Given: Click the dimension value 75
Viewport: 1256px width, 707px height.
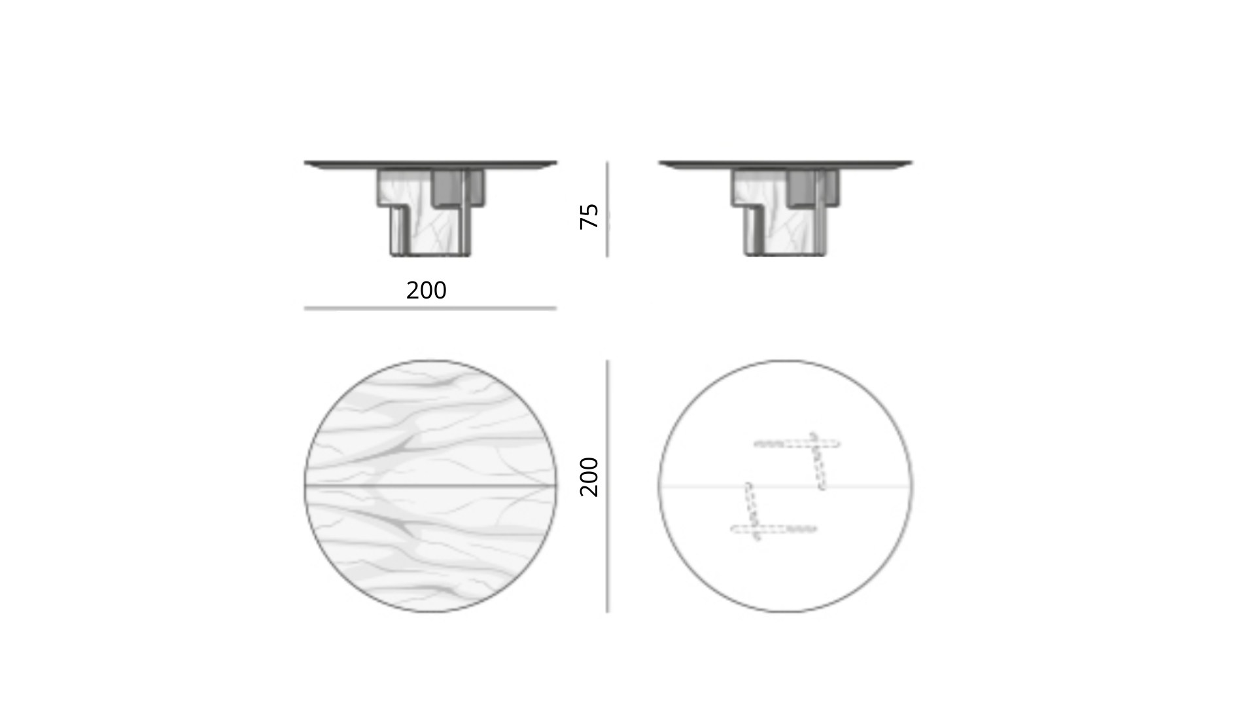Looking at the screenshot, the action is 589,216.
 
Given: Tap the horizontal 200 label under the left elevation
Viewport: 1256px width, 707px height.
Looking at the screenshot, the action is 427,290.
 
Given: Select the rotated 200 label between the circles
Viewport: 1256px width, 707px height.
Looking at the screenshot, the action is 589,477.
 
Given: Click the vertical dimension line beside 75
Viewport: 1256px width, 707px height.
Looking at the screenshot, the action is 607,209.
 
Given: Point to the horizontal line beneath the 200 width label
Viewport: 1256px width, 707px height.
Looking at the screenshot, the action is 430,308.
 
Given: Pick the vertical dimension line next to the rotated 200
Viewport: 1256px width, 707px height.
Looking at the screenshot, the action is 607,486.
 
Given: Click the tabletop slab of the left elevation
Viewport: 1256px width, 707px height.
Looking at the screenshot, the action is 430,164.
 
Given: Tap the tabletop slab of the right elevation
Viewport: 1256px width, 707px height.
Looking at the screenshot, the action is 785,164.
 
